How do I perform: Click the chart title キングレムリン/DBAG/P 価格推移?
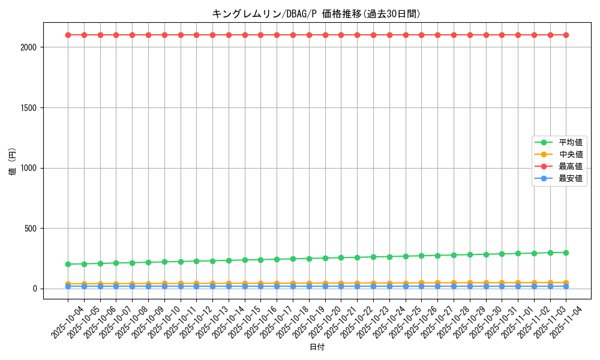pos(316,13)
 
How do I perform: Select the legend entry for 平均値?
pos(570,143)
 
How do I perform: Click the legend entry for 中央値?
pos(570,155)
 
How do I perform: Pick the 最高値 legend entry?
pos(570,167)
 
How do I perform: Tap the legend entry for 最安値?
pos(570,179)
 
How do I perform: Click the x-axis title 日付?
pos(317,347)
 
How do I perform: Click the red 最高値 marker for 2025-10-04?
pos(68,35)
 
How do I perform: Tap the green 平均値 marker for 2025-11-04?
pos(566,253)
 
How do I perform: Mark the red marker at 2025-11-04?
pos(566,35)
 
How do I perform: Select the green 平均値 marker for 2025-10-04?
pos(68,264)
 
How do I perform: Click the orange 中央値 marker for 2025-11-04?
pos(566,283)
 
